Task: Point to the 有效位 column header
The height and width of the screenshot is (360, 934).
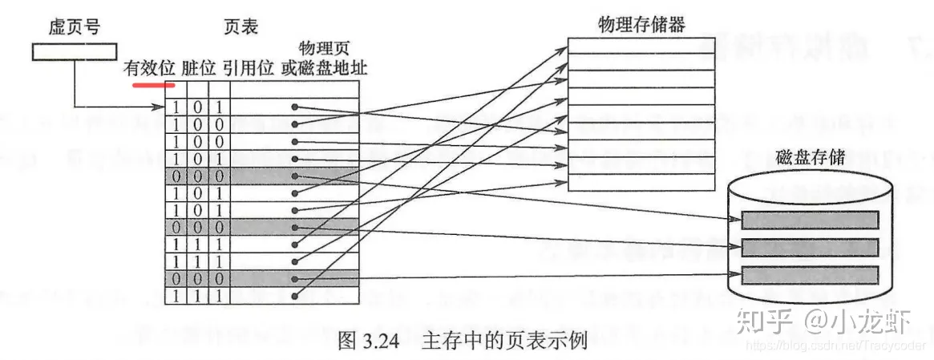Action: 149,68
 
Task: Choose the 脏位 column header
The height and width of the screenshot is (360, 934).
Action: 199,68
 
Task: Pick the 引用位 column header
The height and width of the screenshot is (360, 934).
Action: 249,68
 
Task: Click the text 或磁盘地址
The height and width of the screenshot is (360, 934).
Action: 324,68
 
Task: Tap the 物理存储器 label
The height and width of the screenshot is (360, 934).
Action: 641,24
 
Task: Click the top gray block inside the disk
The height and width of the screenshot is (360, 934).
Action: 810,219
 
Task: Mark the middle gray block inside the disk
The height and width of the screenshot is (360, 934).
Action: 810,246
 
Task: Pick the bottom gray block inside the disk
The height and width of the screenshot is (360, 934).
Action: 810,274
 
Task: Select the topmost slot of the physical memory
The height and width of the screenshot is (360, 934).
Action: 641,46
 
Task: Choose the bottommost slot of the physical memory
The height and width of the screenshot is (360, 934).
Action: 641,183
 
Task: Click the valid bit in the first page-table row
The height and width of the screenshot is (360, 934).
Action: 176,107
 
